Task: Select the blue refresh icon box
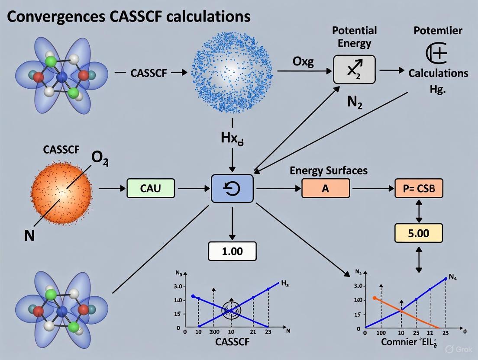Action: click(x=232, y=189)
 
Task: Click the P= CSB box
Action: click(x=418, y=189)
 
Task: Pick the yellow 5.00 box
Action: click(x=418, y=233)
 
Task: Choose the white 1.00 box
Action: click(x=232, y=251)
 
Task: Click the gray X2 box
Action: click(x=354, y=69)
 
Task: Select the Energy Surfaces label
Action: click(x=329, y=170)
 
